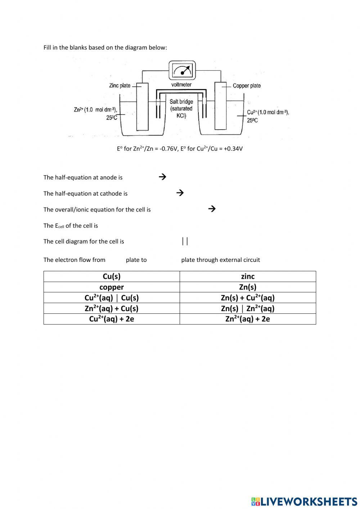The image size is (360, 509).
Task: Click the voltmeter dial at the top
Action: [x=183, y=70]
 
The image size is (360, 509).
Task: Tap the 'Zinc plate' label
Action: [x=120, y=86]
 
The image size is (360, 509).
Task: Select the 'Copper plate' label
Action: [x=247, y=86]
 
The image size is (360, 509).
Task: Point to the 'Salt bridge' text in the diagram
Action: [x=181, y=102]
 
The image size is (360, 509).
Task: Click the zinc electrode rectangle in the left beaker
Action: [x=142, y=106]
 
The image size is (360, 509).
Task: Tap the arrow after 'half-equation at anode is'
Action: [x=162, y=177]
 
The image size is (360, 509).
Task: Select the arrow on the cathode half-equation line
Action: [x=180, y=193]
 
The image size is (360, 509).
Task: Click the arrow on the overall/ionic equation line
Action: [x=212, y=209]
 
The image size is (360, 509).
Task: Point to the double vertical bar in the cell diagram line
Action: [x=185, y=241]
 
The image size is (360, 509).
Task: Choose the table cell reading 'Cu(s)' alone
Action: [x=112, y=276]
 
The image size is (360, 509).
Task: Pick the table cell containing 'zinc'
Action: [x=248, y=276]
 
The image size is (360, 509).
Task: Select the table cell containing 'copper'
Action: [x=112, y=287]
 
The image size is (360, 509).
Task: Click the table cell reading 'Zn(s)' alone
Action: [x=248, y=287]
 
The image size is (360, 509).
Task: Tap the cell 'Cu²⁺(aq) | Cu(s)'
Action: [x=112, y=298]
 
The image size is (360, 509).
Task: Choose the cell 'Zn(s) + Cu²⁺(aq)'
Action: [x=248, y=298]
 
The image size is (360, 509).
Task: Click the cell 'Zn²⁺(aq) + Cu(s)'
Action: [x=112, y=308]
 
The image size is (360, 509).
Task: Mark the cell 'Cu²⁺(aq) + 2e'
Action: [x=112, y=319]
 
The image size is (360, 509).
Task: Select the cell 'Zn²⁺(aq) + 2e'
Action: [x=248, y=319]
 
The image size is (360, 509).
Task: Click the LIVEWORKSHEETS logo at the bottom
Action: [x=304, y=501]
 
